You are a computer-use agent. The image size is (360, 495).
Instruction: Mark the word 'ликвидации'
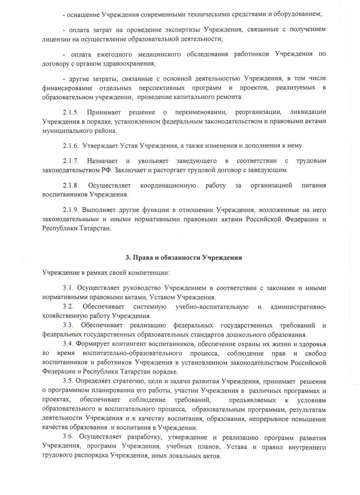click(x=308, y=113)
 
